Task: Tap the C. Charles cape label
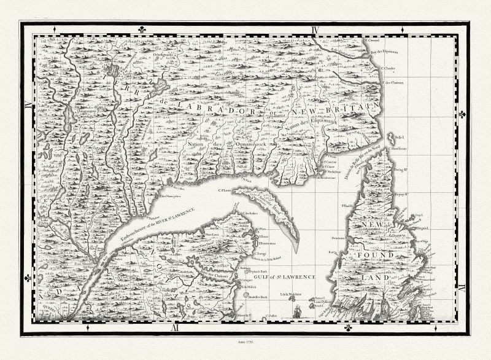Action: (x=389, y=68)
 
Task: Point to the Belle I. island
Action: (x=393, y=136)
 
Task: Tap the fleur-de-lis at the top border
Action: (x=141, y=29)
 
